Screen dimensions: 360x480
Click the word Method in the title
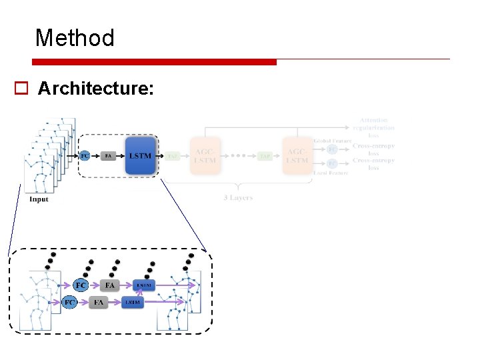click(75, 38)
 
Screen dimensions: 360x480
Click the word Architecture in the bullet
click(96, 88)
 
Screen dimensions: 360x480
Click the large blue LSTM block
click(141, 155)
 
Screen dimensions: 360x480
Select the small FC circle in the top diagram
click(85, 156)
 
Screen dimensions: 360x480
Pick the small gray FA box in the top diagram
click(109, 156)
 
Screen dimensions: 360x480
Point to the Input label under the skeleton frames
click(39, 199)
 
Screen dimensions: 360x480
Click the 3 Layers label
click(237, 198)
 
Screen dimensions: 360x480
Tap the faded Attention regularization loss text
click(373, 127)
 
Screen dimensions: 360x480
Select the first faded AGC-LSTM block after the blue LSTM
click(205, 156)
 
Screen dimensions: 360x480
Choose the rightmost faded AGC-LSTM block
click(297, 156)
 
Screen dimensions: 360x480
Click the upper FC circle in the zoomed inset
click(81, 285)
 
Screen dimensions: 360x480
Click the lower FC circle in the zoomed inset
click(69, 302)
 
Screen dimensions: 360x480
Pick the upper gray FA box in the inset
click(110, 285)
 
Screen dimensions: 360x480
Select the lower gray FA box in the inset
click(99, 302)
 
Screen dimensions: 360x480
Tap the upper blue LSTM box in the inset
click(143, 285)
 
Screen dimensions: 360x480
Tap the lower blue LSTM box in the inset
click(133, 302)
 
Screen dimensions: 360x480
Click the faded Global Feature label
click(331, 141)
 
